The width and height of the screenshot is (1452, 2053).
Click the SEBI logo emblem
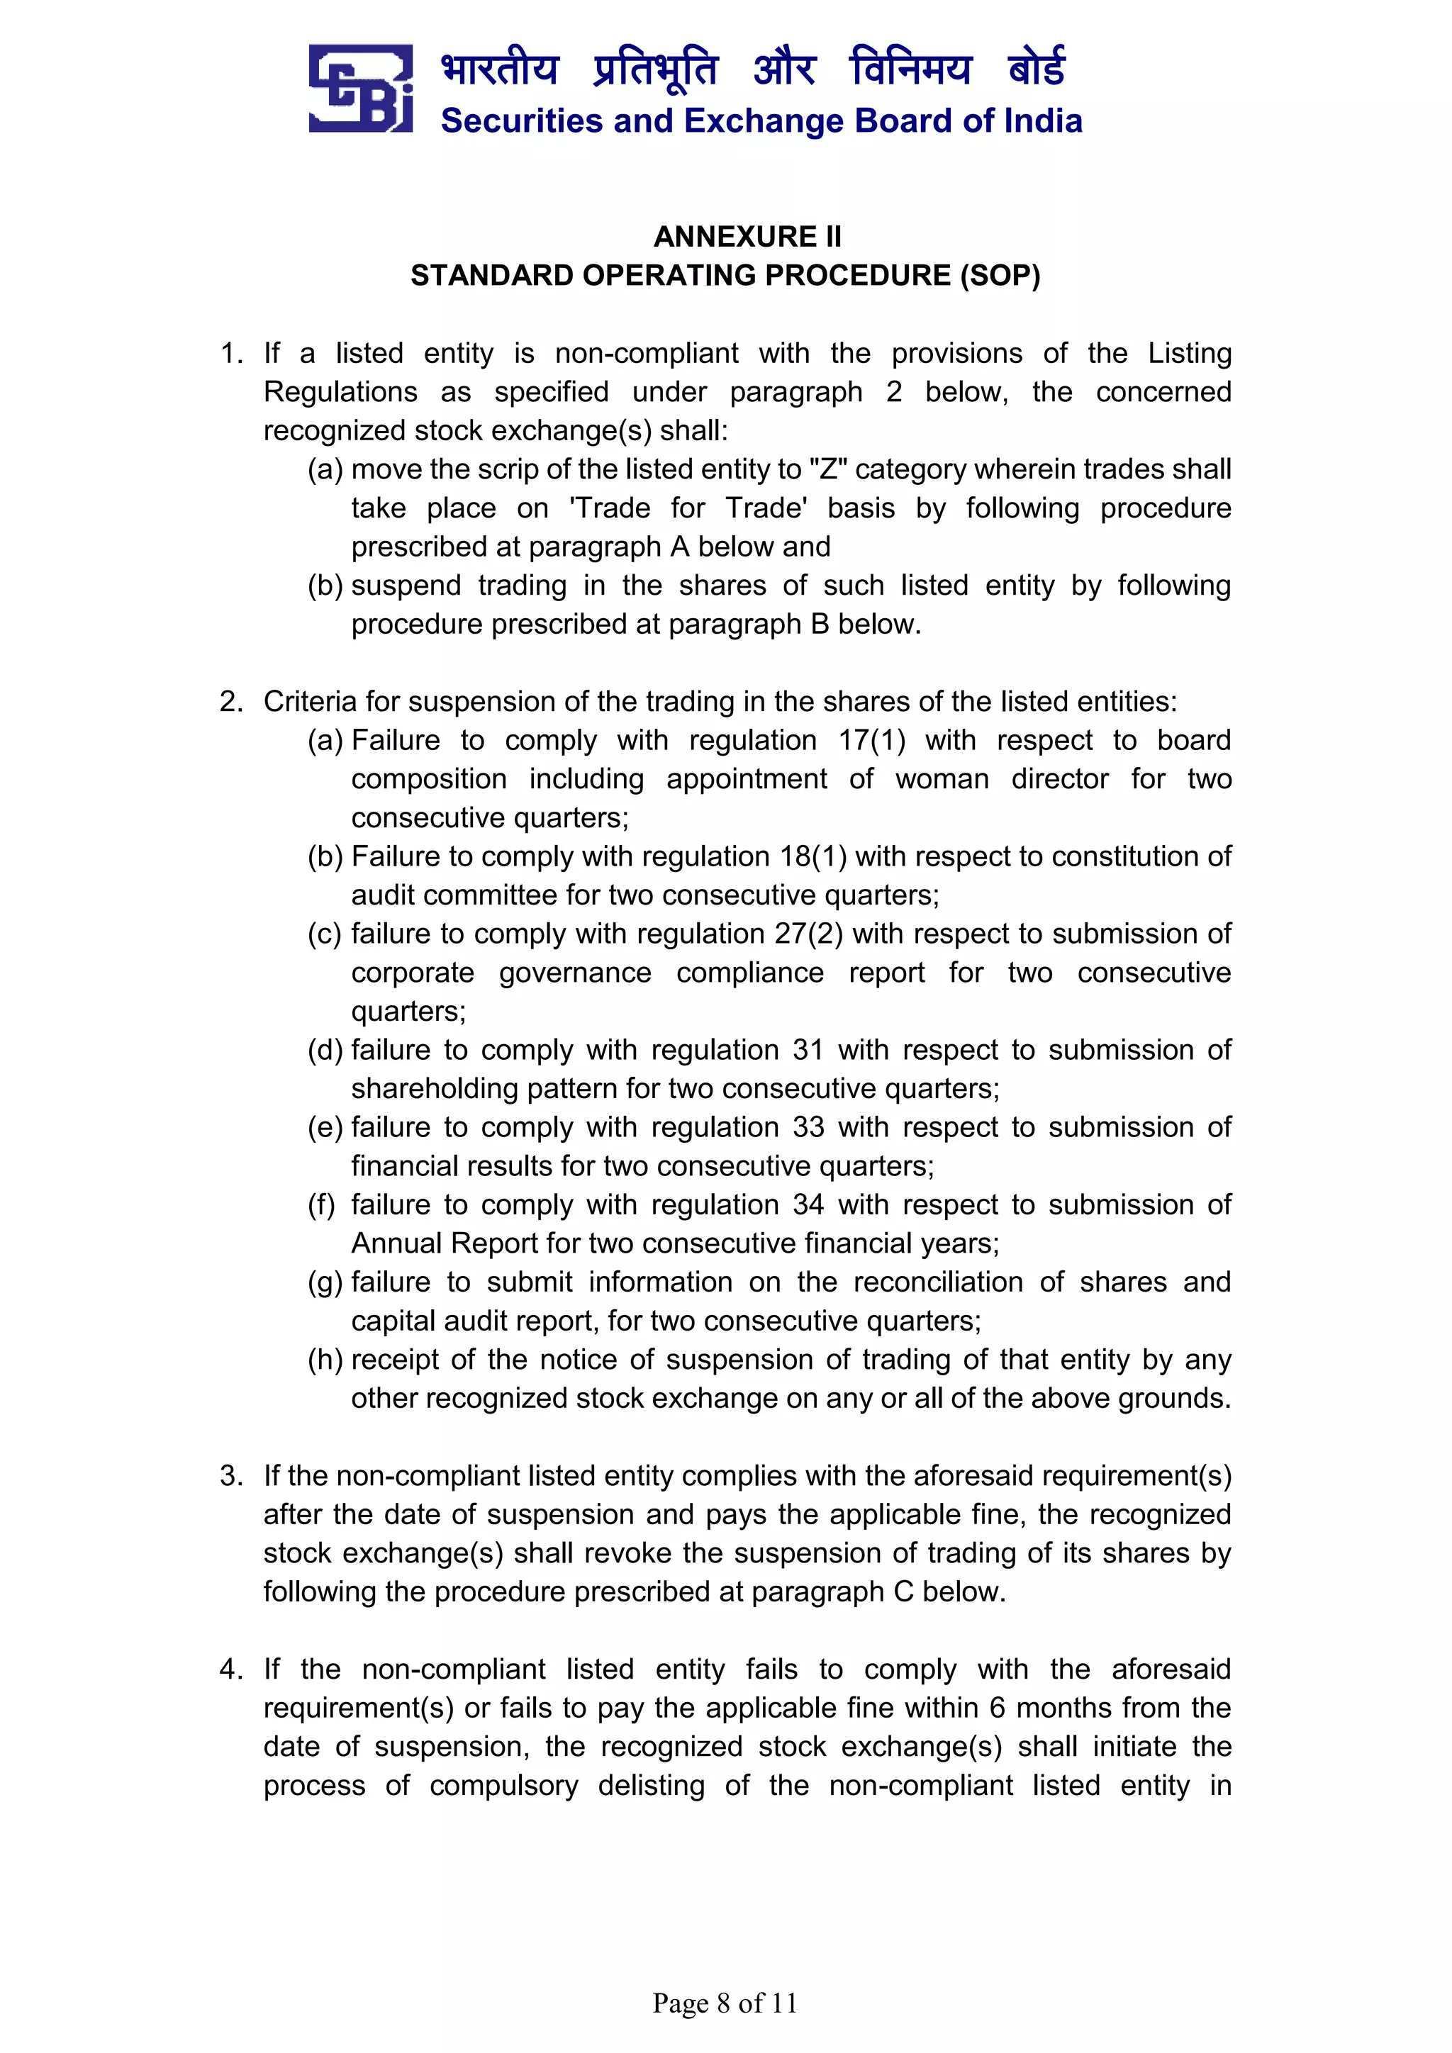point(360,89)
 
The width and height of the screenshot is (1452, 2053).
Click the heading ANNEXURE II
point(747,236)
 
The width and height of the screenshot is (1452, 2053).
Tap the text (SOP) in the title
point(1000,275)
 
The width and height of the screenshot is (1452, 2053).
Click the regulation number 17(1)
point(872,740)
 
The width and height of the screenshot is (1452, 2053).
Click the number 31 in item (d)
point(808,1050)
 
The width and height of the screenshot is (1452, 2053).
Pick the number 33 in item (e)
point(808,1128)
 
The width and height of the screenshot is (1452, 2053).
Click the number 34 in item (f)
point(808,1204)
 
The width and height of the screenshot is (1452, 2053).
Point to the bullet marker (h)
point(325,1360)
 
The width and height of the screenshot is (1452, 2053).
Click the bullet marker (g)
point(325,1282)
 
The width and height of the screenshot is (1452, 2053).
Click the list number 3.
point(230,1476)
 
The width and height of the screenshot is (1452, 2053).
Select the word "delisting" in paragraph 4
point(651,1786)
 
